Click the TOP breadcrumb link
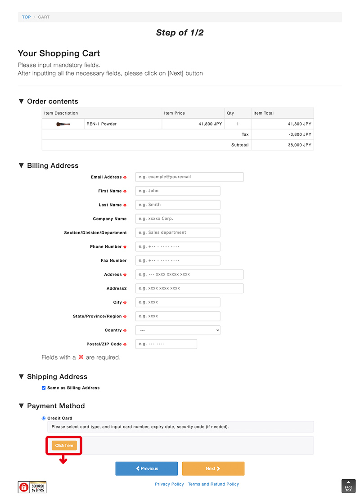pos(27,17)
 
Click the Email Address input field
pos(189,177)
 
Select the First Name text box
pos(177,191)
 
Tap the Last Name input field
pos(177,205)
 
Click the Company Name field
pos(177,219)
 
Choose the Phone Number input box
pos(177,246)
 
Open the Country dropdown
pos(177,330)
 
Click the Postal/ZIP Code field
pos(166,344)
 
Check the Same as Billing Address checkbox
pos(44,388)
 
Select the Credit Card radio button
pos(44,418)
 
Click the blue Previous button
pos(147,469)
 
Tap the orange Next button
pos(213,469)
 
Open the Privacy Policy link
pos(169,484)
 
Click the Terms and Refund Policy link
pos(213,484)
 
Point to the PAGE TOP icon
pos(348,486)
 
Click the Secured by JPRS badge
pos(32,487)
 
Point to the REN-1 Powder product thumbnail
pos(63,124)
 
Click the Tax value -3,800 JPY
pos(300,134)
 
